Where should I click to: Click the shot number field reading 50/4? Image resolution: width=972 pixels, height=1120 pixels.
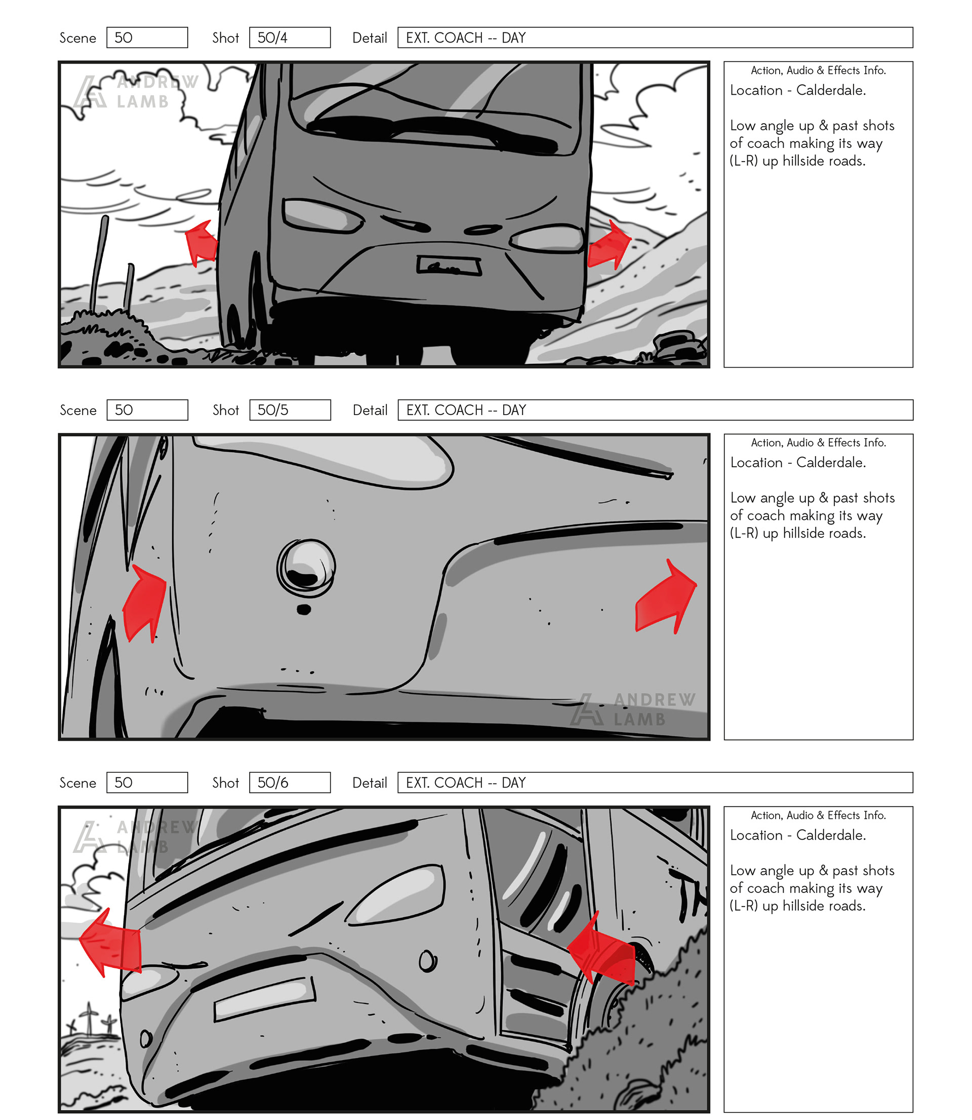coord(290,38)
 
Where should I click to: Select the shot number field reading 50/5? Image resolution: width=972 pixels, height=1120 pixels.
coord(290,410)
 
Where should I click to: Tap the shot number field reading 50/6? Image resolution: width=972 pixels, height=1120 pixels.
coord(290,782)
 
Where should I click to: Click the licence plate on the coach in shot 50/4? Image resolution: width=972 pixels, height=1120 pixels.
coord(449,266)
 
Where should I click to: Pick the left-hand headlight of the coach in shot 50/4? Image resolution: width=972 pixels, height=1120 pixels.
coord(321,215)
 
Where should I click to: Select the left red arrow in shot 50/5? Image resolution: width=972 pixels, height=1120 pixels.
coord(144,604)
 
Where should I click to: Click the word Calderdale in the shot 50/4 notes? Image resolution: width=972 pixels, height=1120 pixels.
coord(830,90)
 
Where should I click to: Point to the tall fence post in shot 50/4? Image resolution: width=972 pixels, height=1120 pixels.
coord(99,264)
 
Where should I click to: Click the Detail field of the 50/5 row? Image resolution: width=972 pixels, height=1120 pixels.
coord(655,410)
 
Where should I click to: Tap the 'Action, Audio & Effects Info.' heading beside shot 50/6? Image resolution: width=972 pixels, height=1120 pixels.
coord(819,815)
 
